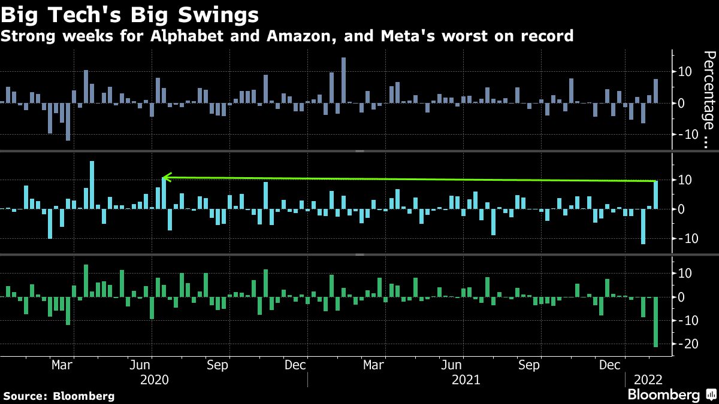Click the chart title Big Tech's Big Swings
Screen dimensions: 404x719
coord(131,14)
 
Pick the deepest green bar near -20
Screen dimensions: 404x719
coord(655,321)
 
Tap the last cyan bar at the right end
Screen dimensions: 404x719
coord(655,195)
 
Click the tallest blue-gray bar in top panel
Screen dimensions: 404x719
coord(343,80)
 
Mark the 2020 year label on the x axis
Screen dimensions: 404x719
coord(154,379)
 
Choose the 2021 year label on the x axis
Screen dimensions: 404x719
coord(465,379)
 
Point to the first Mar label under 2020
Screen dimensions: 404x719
coord(62,365)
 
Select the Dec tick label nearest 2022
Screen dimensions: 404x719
coord(609,365)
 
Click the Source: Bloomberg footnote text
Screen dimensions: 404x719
coord(59,396)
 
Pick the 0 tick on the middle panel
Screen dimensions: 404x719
coord(681,209)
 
